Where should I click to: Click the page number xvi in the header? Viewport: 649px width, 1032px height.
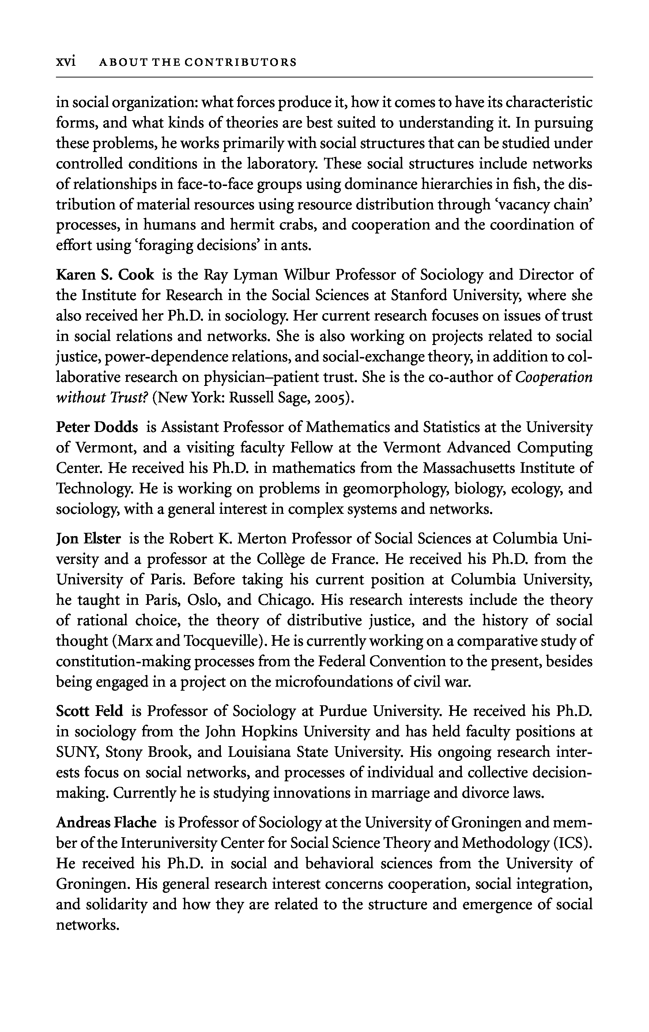point(65,62)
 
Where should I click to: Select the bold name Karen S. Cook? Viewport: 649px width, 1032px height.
point(105,275)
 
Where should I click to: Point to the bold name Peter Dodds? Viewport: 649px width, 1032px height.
point(97,427)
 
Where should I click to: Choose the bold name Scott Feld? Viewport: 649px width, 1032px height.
point(90,711)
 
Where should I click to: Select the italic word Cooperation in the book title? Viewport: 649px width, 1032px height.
point(554,377)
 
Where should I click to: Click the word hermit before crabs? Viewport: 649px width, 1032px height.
point(193,225)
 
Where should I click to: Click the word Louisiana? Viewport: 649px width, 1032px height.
point(256,752)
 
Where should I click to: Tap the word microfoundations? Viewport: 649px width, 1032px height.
point(338,682)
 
